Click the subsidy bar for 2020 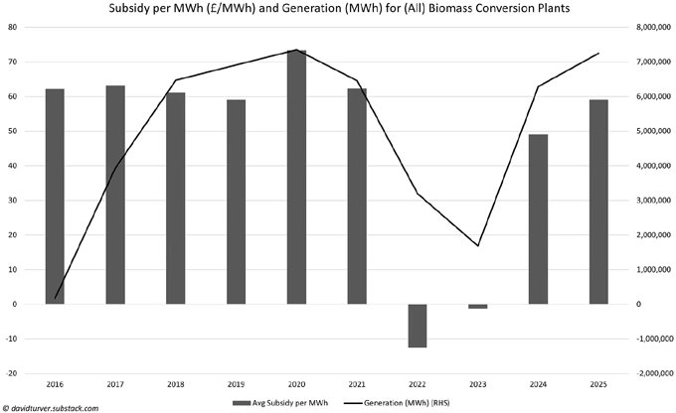pyautogui.click(x=296, y=177)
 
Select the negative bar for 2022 pyautogui.click(x=417, y=326)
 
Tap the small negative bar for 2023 pyautogui.click(x=477, y=306)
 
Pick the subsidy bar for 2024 pyautogui.click(x=537, y=219)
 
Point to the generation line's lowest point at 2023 pyautogui.click(x=478, y=246)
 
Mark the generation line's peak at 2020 pyautogui.click(x=296, y=50)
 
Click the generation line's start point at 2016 pyautogui.click(x=55, y=298)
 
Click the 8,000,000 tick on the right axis pyautogui.click(x=652, y=27)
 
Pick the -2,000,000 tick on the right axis pyautogui.click(x=651, y=373)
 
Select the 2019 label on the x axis pyautogui.click(x=236, y=383)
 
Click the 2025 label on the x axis pyautogui.click(x=597, y=383)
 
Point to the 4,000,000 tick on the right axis pyautogui.click(x=652, y=166)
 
